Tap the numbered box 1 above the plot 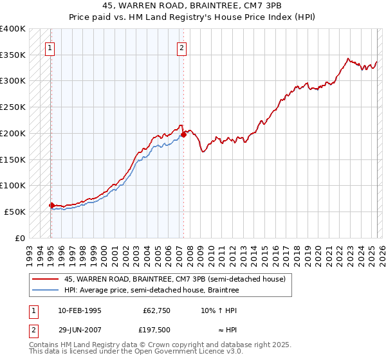[x=50, y=47]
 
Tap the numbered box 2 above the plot [x=182, y=47]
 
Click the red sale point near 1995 [x=51, y=205]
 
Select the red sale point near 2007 [x=184, y=134]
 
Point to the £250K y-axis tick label [x=13, y=107]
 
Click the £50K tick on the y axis [x=15, y=212]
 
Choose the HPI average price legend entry [x=151, y=291]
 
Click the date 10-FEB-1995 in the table [x=79, y=310]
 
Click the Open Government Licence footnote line [x=136, y=352]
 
